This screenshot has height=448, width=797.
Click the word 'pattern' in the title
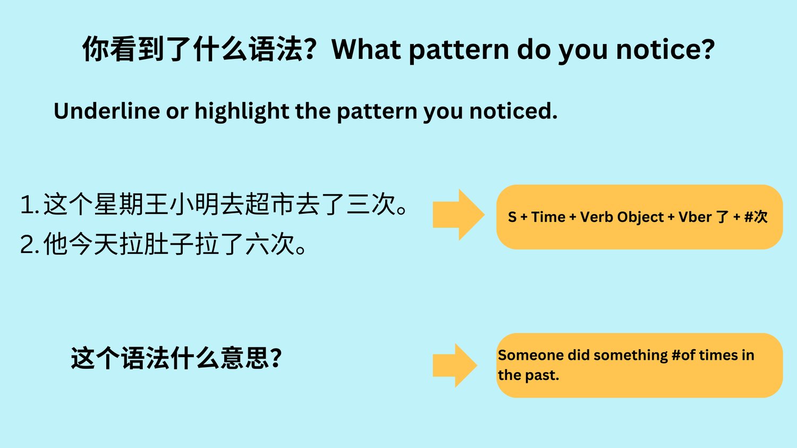tap(459, 50)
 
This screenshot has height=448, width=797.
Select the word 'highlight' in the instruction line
tap(242, 112)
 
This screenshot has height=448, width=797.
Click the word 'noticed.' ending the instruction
tap(513, 111)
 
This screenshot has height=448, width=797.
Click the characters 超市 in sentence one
tap(270, 204)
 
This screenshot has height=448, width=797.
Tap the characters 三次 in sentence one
tap(371, 204)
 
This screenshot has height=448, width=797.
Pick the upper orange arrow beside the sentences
tap(459, 215)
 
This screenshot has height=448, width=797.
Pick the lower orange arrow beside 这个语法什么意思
tap(455, 365)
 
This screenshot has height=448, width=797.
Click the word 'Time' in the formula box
tap(548, 217)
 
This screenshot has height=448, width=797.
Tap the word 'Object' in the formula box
tap(640, 217)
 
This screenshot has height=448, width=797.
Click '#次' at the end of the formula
tap(756, 217)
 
